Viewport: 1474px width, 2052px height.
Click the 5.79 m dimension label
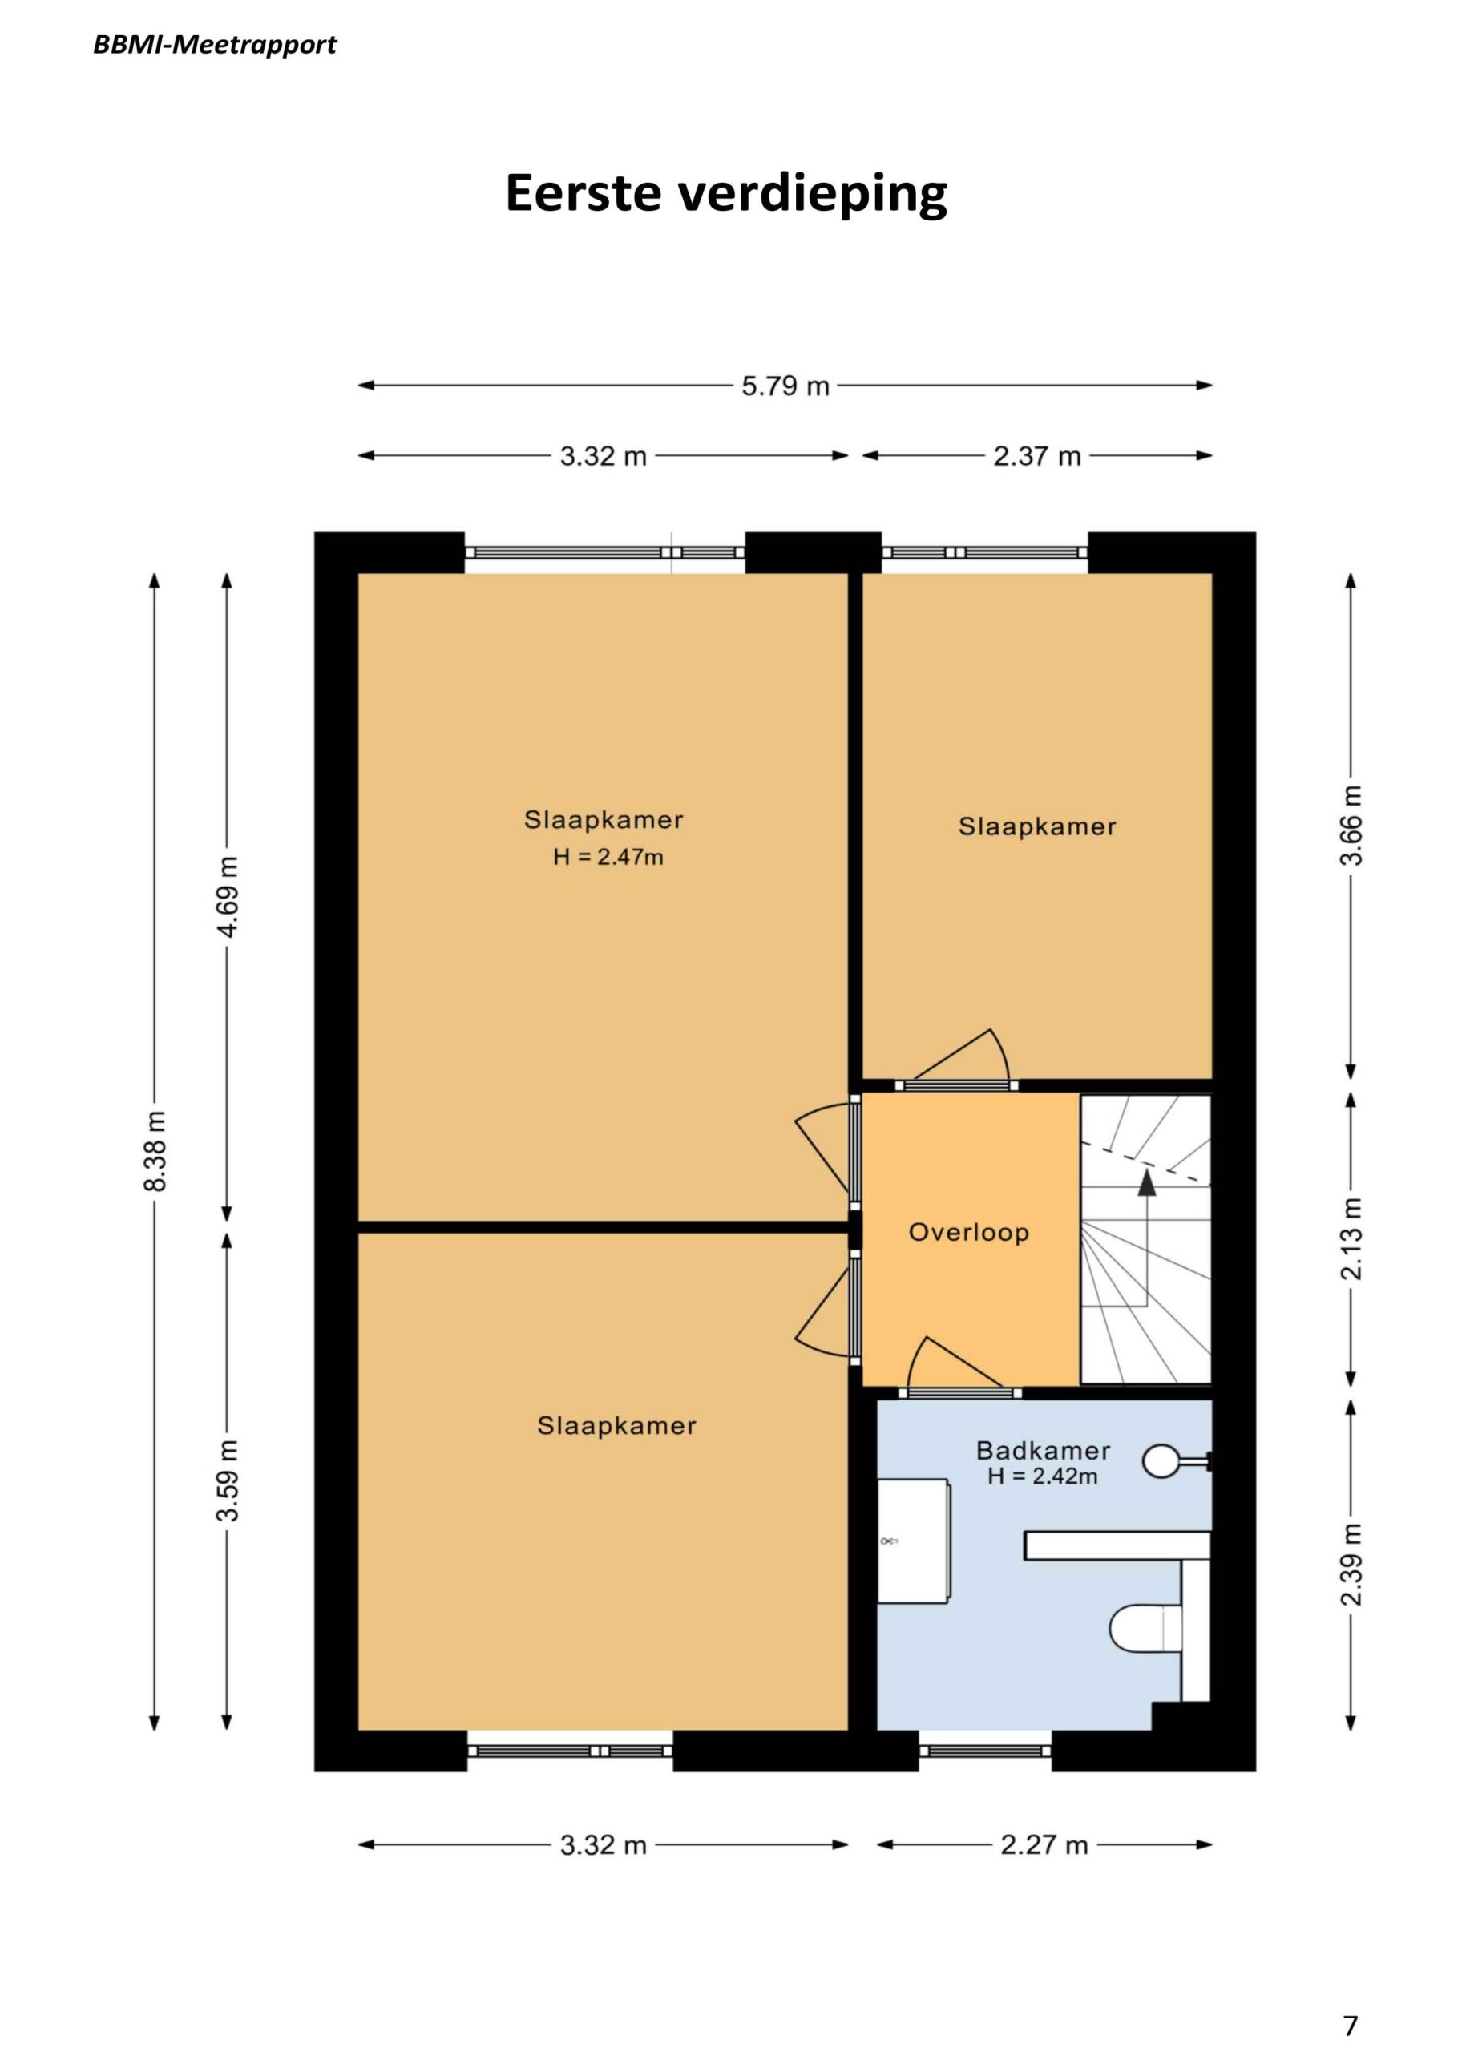pyautogui.click(x=785, y=386)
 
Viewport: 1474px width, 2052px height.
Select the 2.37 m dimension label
pyautogui.click(x=1037, y=456)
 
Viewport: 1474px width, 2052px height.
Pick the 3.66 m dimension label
pyautogui.click(x=1351, y=825)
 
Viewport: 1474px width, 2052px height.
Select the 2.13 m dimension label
pyautogui.click(x=1351, y=1238)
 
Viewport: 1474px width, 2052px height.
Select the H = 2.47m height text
pyautogui.click(x=608, y=857)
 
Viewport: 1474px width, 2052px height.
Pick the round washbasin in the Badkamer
pyautogui.click(x=1161, y=1461)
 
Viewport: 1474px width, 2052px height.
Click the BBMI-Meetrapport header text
pyautogui.click(x=215, y=45)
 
